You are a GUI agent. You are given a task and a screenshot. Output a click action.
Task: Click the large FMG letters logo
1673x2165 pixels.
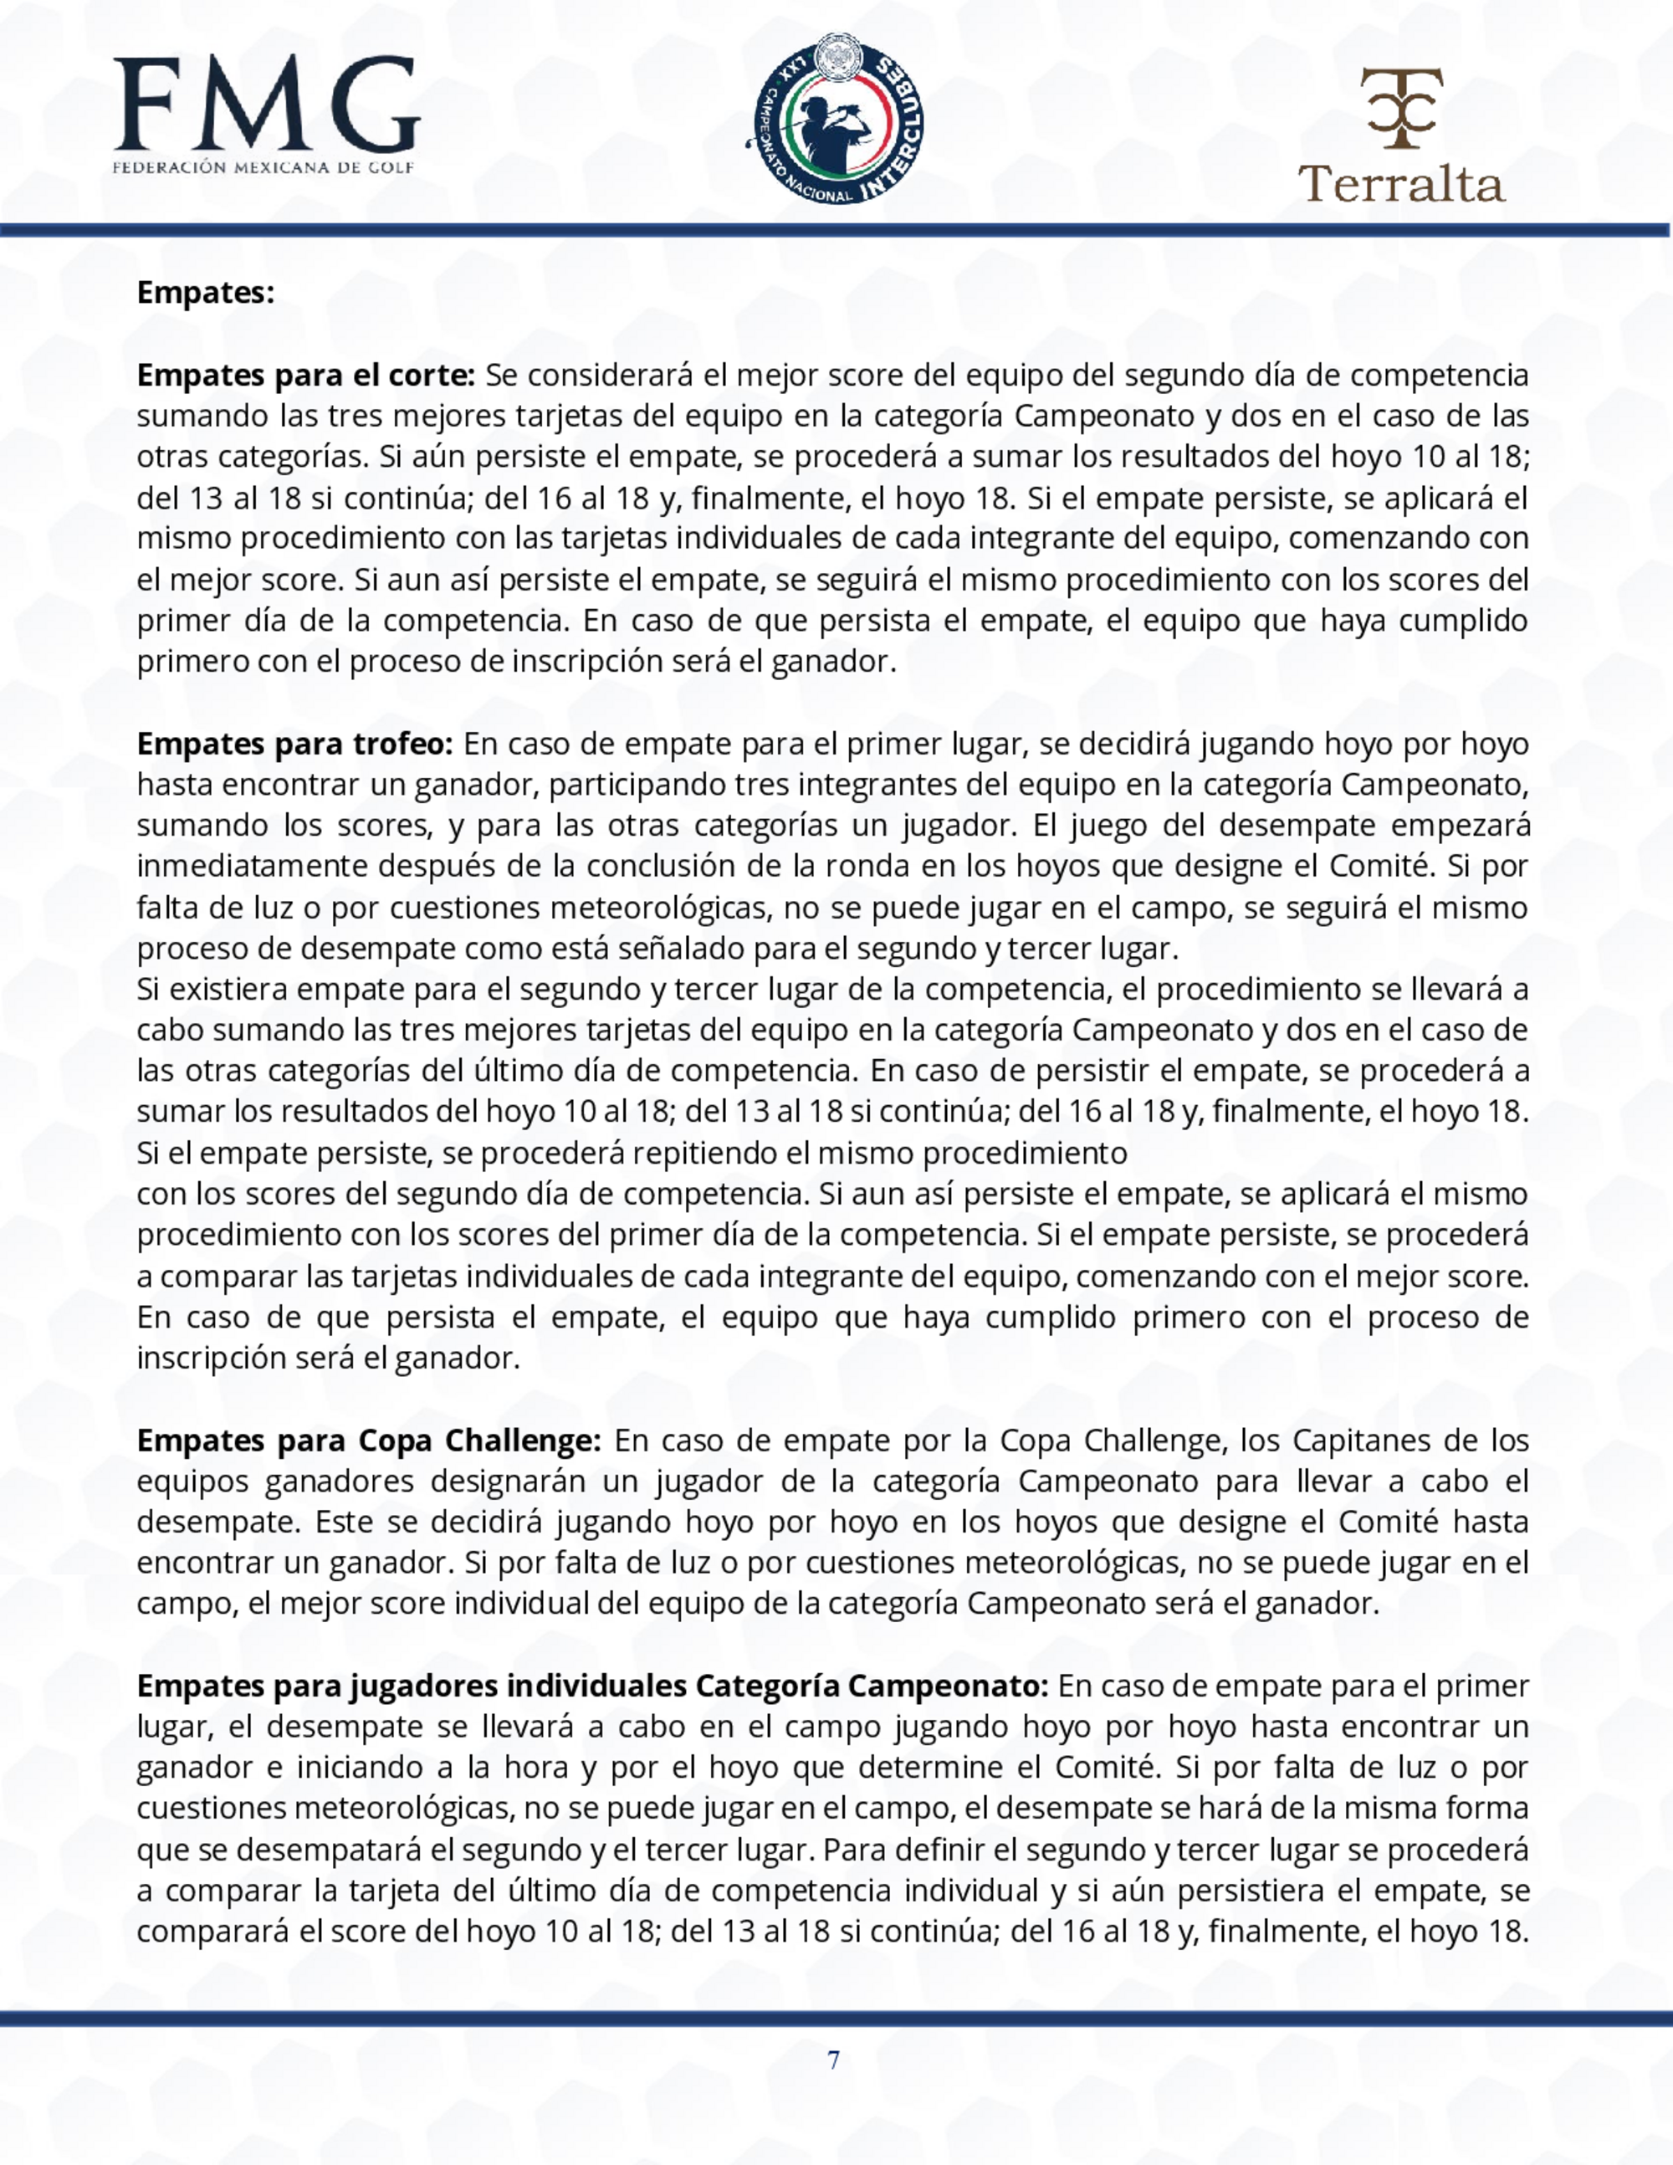coord(266,104)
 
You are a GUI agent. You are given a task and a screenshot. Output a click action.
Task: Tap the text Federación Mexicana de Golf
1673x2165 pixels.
coord(263,167)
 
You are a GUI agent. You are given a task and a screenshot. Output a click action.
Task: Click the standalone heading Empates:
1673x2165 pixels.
coord(205,294)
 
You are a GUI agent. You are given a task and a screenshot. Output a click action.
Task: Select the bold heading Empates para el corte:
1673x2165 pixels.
coord(306,376)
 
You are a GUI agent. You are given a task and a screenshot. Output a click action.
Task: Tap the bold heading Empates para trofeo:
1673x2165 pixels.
coord(294,744)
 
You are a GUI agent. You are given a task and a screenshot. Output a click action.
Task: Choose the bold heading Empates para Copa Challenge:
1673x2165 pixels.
coord(369,1441)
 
